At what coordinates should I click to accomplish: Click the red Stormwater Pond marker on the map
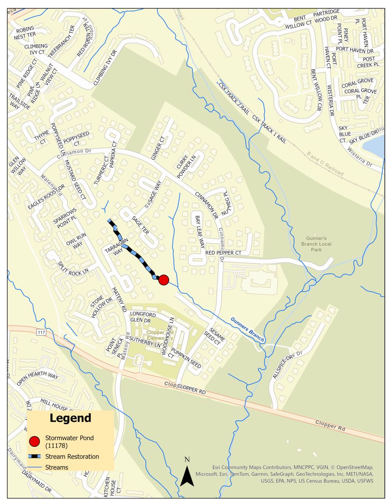(x=164, y=280)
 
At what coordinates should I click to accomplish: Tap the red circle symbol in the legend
(x=35, y=442)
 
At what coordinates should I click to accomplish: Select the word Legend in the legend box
(x=70, y=418)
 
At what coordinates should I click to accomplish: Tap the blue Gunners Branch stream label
(x=247, y=329)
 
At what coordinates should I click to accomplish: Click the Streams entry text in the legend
(x=56, y=467)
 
